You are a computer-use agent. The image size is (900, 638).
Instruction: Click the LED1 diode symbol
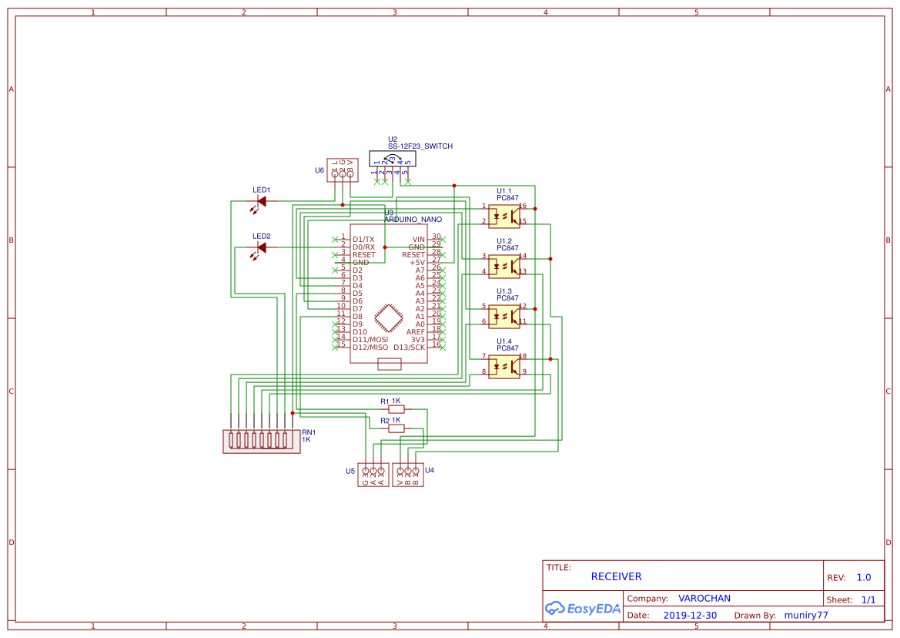(x=261, y=202)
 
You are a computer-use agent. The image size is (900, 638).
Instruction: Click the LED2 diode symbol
(x=261, y=247)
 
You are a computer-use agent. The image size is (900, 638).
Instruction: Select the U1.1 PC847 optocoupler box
(x=504, y=217)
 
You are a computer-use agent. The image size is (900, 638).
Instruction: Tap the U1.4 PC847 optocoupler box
(x=504, y=367)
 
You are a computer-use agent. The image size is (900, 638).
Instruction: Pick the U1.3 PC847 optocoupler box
(x=504, y=317)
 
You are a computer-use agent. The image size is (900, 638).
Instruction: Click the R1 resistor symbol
(x=396, y=410)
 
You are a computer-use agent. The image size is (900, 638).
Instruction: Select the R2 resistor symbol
(x=396, y=428)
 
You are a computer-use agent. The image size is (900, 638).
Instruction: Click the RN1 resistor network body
(x=262, y=441)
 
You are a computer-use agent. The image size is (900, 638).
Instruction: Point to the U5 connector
(x=373, y=475)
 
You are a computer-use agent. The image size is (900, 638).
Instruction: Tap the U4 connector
(x=407, y=475)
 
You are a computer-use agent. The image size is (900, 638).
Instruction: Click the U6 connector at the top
(x=342, y=170)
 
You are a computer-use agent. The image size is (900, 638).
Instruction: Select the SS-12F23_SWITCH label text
(x=420, y=146)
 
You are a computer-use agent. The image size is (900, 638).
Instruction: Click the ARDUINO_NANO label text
(x=413, y=220)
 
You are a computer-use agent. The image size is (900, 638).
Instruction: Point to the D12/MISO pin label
(x=370, y=348)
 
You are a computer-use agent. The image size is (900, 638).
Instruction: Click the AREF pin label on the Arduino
(x=416, y=332)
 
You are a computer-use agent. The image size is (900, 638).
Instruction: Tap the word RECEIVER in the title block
(x=616, y=576)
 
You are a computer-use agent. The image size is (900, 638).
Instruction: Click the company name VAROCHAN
(x=704, y=598)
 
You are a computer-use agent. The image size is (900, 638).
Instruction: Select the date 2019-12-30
(x=690, y=616)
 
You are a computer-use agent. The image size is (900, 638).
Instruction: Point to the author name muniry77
(x=806, y=616)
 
